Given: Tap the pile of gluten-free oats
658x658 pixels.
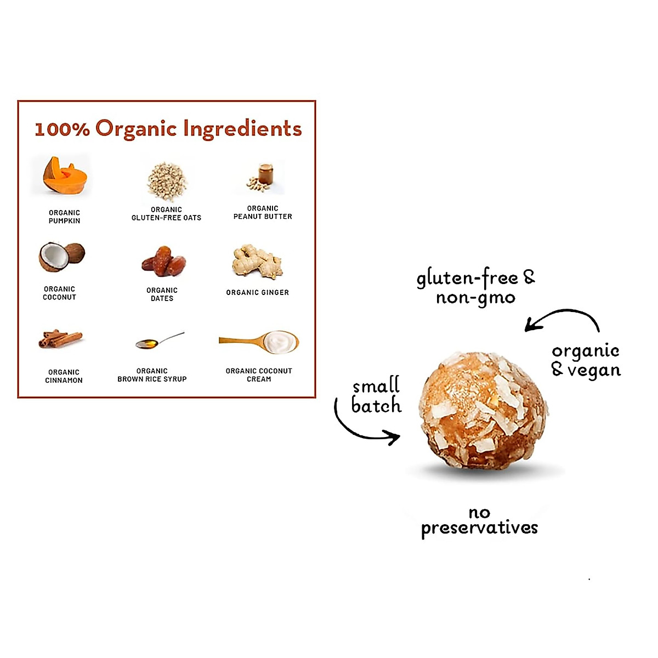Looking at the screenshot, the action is click(167, 181).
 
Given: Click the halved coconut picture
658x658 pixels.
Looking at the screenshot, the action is click(61, 257).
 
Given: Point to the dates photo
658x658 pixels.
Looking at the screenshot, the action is click(163, 261).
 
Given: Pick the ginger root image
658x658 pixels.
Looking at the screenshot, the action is click(257, 262).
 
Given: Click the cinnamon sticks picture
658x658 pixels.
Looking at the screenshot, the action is click(60, 339).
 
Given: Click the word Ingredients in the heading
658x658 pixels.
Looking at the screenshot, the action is click(242, 129).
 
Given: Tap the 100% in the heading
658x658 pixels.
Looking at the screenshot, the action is click(62, 129).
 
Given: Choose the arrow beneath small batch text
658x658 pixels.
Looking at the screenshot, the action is click(365, 428).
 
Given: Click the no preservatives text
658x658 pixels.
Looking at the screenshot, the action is click(479, 521).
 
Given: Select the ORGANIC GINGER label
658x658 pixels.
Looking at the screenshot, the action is click(257, 293).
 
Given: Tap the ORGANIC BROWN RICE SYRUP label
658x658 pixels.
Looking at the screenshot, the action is click(152, 375).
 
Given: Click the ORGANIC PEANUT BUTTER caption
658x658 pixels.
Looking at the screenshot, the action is click(263, 213).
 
